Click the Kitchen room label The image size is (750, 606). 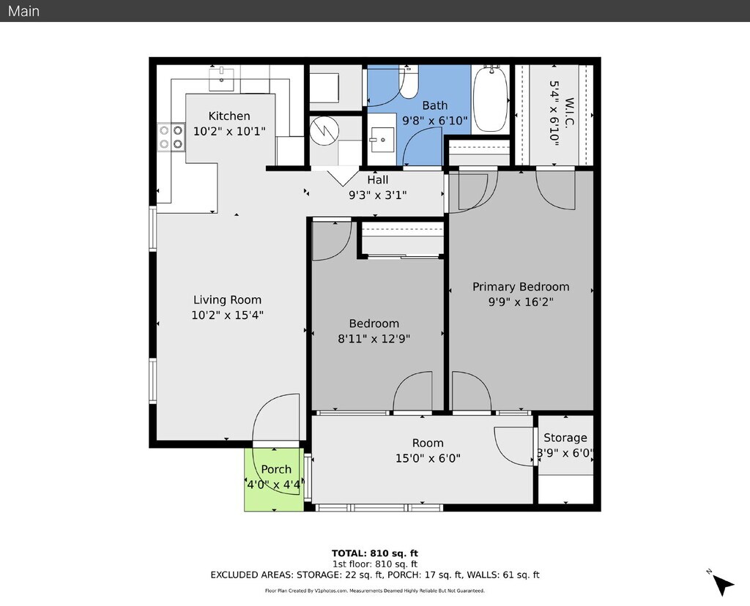point(229,116)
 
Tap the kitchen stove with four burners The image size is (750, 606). point(171,137)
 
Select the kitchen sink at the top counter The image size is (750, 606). point(221,77)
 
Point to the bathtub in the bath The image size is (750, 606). point(490,99)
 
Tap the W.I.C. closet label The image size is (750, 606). point(561,113)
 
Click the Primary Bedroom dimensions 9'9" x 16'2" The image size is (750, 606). point(520,302)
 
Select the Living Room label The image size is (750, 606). point(227,299)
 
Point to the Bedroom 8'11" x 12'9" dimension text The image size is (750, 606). point(374,338)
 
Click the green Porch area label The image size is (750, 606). point(276,469)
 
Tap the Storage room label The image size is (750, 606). point(565,438)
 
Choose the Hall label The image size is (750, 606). point(378,180)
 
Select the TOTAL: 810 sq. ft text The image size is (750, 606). point(374,553)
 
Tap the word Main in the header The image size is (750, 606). point(23,11)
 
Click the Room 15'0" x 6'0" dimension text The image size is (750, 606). point(427,458)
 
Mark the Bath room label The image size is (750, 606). point(434,105)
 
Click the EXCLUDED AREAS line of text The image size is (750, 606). point(374,575)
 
